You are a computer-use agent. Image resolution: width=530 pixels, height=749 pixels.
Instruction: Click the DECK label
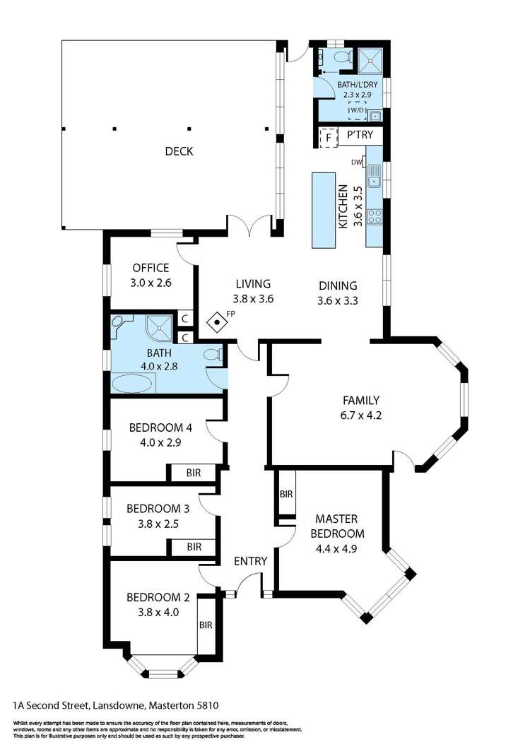(179, 151)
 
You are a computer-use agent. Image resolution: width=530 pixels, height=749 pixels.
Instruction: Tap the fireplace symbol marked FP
(218, 322)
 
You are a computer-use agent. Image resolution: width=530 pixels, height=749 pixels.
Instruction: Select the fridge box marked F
(328, 137)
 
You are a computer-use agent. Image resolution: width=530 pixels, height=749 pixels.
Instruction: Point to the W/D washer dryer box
(356, 111)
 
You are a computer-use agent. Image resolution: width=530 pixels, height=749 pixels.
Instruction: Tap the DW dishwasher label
(356, 163)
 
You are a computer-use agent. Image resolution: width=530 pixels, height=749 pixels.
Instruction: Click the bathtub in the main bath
(131, 384)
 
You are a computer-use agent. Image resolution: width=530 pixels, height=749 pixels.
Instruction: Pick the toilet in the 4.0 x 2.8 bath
(212, 354)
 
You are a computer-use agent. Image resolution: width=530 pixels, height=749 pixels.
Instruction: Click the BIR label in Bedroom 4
(193, 472)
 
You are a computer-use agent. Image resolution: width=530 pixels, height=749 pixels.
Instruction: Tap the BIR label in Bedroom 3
(193, 547)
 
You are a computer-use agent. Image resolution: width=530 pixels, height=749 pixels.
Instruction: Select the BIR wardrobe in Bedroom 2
(206, 625)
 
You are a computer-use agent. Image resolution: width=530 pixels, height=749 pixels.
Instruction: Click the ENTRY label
(250, 562)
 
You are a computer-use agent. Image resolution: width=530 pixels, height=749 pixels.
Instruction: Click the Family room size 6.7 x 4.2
(362, 415)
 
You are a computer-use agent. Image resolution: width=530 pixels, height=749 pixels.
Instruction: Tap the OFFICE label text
(151, 268)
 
